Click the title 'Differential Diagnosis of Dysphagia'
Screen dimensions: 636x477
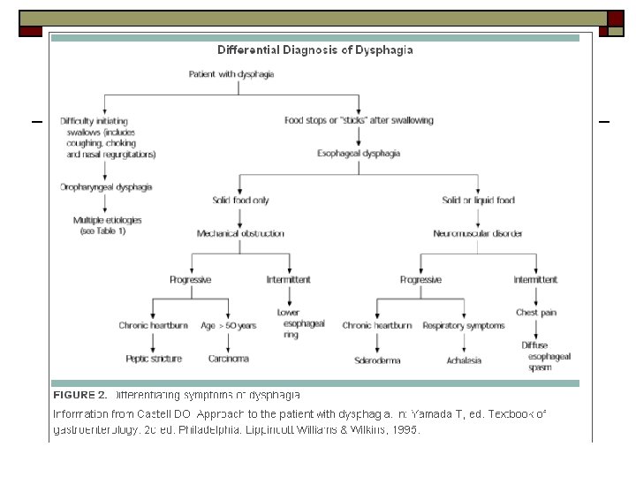pyautogui.click(x=315, y=50)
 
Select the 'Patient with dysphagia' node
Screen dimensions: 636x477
pyautogui.click(x=231, y=74)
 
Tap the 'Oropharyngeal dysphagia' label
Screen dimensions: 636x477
pyautogui.click(x=106, y=187)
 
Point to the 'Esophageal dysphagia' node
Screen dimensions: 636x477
pyautogui.click(x=359, y=153)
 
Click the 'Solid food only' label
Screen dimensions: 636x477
pyautogui.click(x=240, y=201)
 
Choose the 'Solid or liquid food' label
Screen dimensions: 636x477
pyautogui.click(x=478, y=201)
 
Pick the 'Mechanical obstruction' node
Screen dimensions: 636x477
pyautogui.click(x=240, y=233)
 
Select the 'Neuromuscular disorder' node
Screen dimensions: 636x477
pyautogui.click(x=478, y=233)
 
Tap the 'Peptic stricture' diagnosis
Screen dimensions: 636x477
pyautogui.click(x=154, y=359)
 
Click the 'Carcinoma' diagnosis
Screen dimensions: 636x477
pyautogui.click(x=228, y=359)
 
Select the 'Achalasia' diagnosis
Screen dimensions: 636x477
pyautogui.click(x=464, y=360)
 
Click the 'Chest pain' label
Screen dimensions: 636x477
pyautogui.click(x=534, y=312)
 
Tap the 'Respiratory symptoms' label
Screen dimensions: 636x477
pyautogui.click(x=464, y=325)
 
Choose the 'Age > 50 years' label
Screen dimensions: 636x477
pyautogui.click(x=228, y=325)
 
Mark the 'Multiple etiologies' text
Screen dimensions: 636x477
pyautogui.click(x=108, y=219)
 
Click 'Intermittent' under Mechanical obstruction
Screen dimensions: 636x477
pyautogui.click(x=289, y=279)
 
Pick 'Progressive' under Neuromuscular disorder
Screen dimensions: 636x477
pyautogui.click(x=421, y=279)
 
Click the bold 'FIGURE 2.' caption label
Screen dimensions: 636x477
pyautogui.click(x=80, y=394)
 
